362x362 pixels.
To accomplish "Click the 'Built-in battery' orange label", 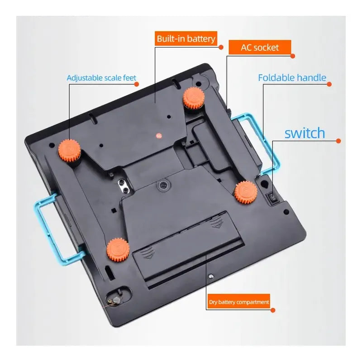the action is click(186, 38).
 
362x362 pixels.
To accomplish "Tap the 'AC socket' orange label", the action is click(260, 48).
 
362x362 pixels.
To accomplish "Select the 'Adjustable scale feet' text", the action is click(101, 78).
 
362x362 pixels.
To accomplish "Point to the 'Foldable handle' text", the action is click(292, 78).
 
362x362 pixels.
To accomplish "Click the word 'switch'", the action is click(305, 133).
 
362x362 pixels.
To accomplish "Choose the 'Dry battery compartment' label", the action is click(239, 302).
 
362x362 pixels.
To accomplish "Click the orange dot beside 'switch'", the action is click(338, 141).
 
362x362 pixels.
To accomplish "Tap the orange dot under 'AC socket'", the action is click(293, 56).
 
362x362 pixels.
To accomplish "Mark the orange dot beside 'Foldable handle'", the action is click(329, 84).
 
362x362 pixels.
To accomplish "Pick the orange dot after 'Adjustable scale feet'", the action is click(137, 84).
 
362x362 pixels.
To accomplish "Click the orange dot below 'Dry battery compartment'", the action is click(273, 310).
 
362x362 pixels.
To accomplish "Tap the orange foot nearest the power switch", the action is click(246, 192).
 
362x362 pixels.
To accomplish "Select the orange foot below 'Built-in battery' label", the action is click(194, 98).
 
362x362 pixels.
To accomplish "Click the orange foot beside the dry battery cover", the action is click(118, 250).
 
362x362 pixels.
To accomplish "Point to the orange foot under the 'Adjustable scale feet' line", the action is click(69, 151).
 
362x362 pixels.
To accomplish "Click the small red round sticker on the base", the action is click(158, 136).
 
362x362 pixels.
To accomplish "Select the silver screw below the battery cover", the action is click(210, 276).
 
